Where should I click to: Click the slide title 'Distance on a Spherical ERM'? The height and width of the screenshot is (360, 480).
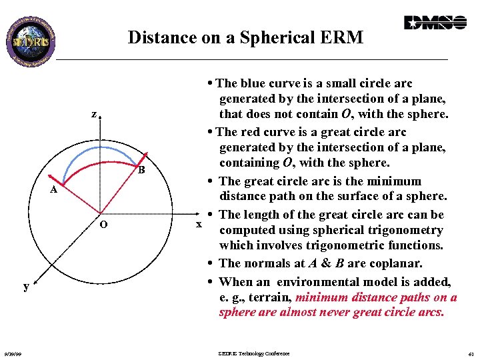(245, 37)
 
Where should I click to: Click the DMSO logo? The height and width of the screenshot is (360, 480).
(435, 23)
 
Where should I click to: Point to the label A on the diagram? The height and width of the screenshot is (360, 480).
(55, 190)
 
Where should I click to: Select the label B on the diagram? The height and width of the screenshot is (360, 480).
(141, 170)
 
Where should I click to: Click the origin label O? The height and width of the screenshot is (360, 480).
(103, 224)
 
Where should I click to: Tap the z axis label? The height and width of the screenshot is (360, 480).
(94, 114)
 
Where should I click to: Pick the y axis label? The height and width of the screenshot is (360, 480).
(26, 286)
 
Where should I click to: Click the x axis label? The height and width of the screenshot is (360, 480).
(198, 224)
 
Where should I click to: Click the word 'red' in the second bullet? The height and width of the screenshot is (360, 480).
(253, 132)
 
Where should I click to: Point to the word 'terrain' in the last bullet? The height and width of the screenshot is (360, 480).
(267, 297)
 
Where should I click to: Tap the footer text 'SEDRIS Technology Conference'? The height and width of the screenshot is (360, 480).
(253, 353)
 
